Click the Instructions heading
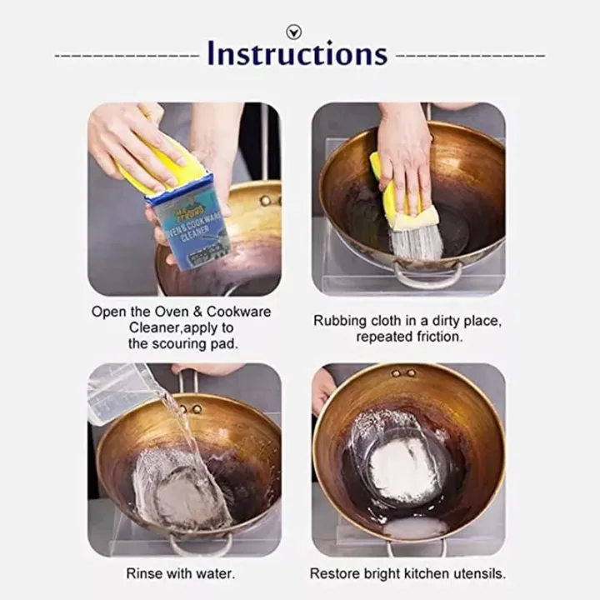(297, 54)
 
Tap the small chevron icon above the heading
(292, 32)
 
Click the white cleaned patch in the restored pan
(402, 471)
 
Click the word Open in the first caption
(107, 312)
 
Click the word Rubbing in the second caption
(337, 321)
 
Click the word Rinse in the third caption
(143, 573)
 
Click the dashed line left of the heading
(127, 56)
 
